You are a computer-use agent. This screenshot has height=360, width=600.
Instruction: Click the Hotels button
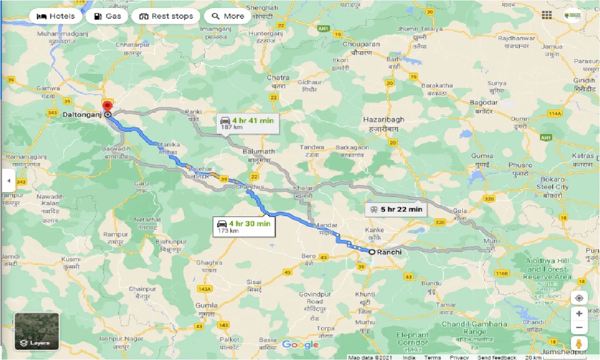point(55,16)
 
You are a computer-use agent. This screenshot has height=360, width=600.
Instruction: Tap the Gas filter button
point(107,16)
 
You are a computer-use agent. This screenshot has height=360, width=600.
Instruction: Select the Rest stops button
point(165,16)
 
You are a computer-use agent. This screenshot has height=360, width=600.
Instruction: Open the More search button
point(228,16)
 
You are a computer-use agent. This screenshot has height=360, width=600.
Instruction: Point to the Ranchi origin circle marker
point(372,252)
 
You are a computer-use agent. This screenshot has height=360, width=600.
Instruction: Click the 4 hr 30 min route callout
point(243,226)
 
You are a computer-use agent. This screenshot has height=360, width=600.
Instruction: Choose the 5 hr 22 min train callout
point(396,209)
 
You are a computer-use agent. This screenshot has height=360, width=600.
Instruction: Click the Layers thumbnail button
point(37,331)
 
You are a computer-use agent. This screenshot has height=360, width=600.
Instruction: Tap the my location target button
point(579,299)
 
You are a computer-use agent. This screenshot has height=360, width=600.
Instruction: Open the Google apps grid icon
point(547,15)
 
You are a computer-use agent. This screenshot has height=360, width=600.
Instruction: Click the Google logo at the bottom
point(300,345)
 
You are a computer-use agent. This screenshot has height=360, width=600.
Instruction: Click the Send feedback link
point(497,357)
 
